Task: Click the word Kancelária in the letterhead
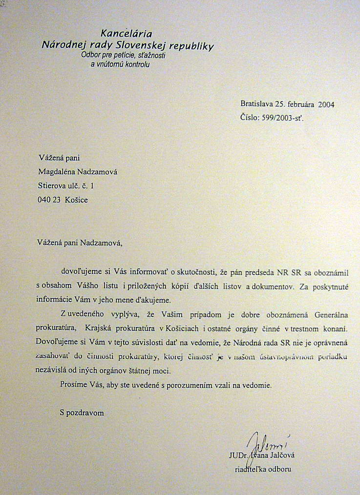click(x=127, y=34)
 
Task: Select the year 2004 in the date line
click(x=326, y=104)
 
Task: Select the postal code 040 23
click(x=49, y=200)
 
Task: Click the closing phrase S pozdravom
click(x=82, y=412)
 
